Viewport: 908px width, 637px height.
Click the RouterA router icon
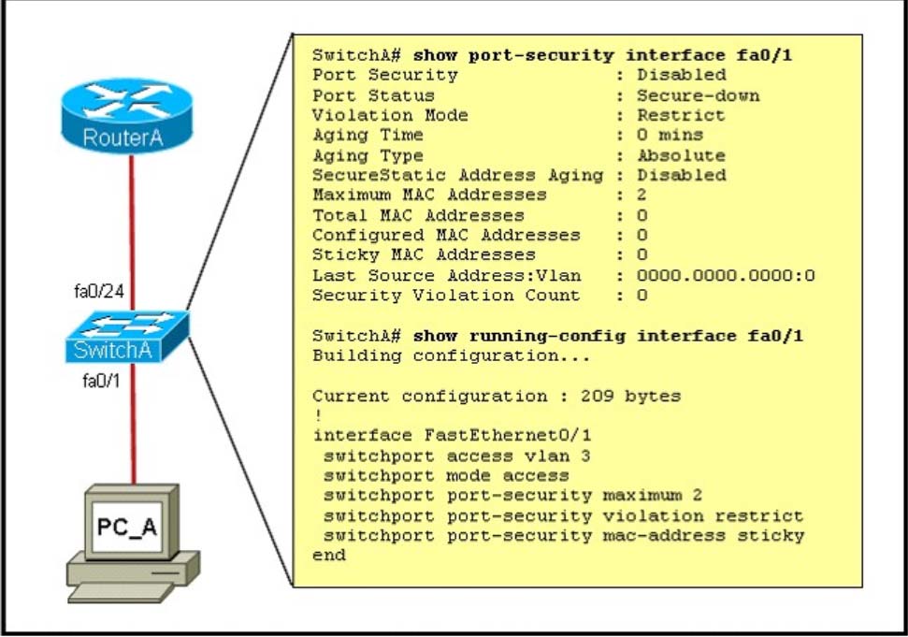127,115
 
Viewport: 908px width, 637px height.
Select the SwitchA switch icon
127,337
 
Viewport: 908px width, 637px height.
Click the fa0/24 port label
99,291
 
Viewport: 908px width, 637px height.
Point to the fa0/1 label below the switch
101,381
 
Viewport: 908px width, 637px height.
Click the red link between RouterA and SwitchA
132,233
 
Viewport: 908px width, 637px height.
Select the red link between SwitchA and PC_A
133,424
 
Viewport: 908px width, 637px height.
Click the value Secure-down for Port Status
698,95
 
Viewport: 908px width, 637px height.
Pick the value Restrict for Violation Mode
681,115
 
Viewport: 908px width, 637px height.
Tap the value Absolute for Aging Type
681,155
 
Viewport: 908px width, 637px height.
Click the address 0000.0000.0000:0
726,275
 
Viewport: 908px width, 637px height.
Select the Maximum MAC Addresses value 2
641,195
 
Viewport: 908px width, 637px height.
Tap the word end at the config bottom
329,555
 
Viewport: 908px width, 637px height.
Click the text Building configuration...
451,355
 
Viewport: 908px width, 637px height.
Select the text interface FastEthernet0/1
452,435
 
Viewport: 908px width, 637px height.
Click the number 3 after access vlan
585,456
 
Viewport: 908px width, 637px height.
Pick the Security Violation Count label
446,296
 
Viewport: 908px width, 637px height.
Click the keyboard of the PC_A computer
121,592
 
